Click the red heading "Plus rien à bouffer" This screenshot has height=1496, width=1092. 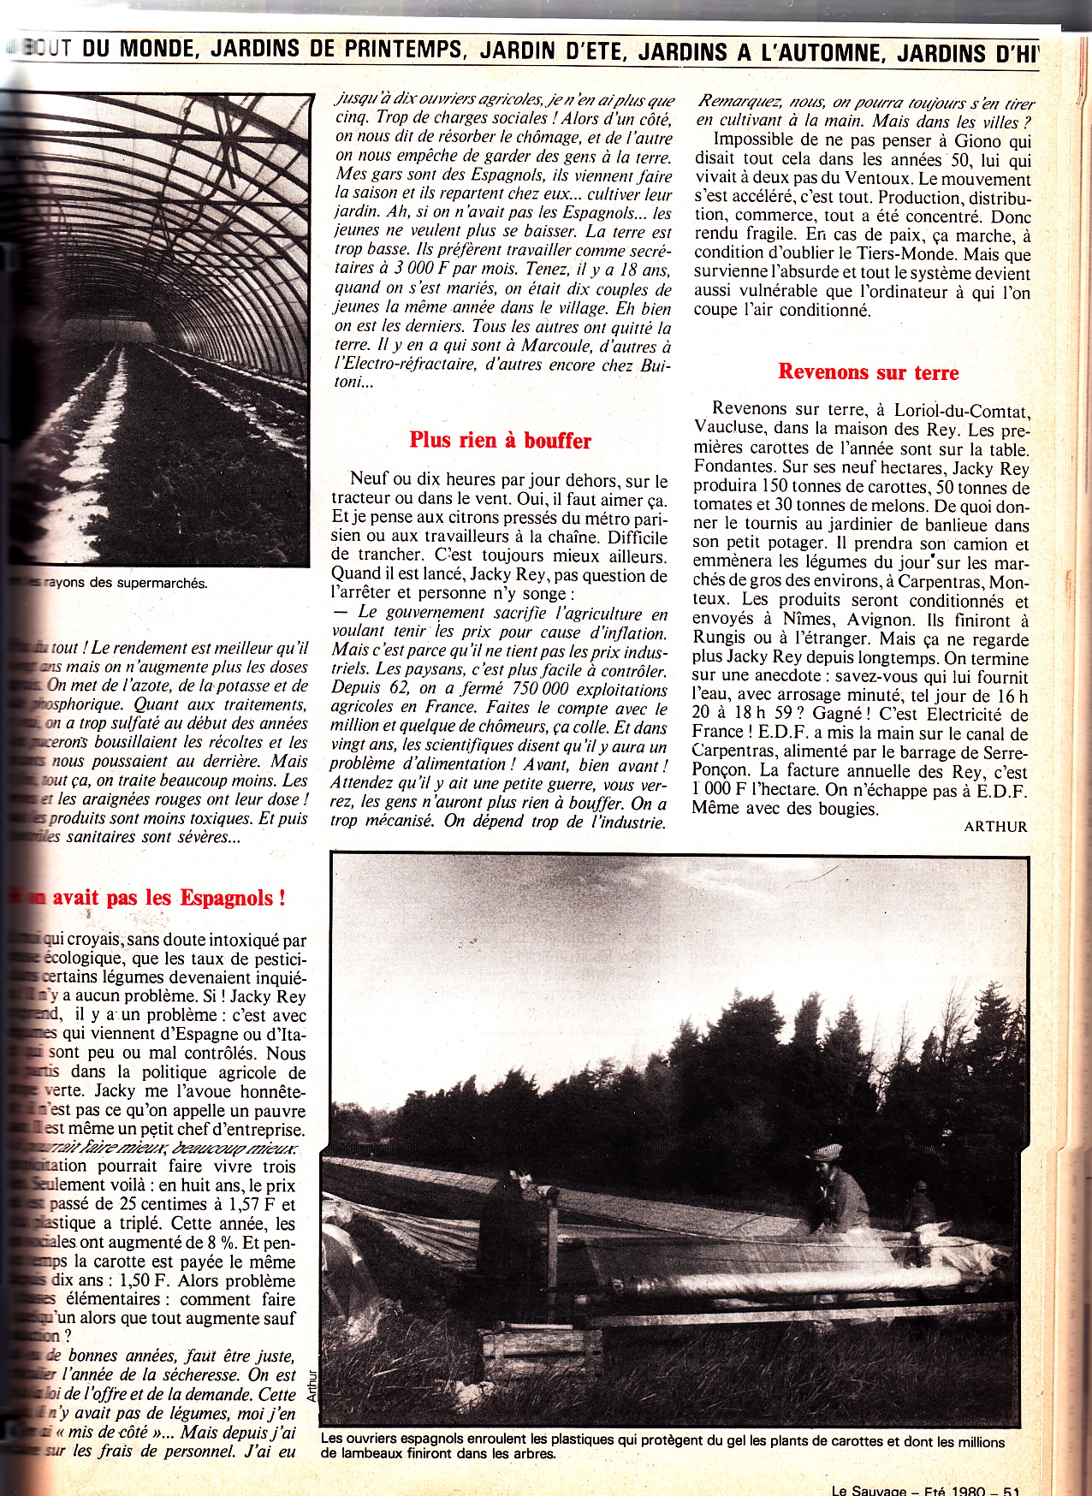(500, 440)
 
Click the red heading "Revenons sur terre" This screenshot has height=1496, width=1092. (868, 371)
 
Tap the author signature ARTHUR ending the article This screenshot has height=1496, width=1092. (995, 826)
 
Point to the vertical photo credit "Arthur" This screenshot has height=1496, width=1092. (312, 1404)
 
